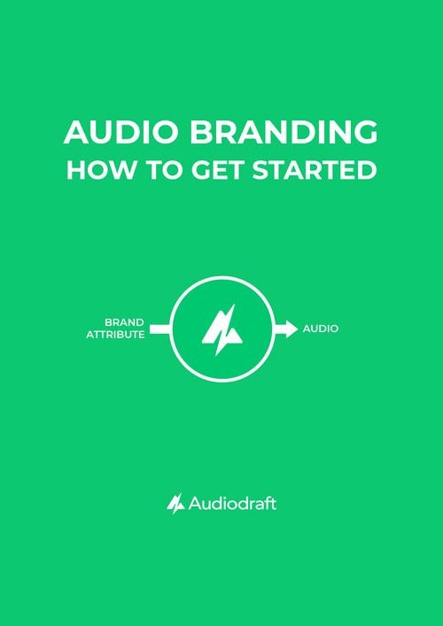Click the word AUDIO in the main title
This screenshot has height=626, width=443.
click(x=120, y=132)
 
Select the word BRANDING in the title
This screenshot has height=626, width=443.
click(x=284, y=132)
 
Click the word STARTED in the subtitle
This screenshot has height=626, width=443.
click(x=315, y=170)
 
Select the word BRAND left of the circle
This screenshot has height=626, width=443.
click(x=124, y=322)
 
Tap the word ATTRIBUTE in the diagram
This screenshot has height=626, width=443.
click(x=115, y=335)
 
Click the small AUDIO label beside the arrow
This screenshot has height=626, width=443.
click(x=321, y=328)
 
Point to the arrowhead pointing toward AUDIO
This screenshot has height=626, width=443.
click(x=291, y=329)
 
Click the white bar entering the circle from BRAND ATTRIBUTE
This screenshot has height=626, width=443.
click(x=160, y=329)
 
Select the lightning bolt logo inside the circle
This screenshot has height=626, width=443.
click(x=222, y=329)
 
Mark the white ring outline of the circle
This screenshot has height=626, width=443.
click(x=222, y=277)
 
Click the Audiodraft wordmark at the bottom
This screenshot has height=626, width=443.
click(x=232, y=504)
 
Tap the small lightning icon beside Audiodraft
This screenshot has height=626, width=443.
click(x=175, y=504)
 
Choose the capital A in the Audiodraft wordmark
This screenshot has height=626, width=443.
click(x=195, y=504)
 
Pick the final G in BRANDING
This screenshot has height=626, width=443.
click(x=365, y=132)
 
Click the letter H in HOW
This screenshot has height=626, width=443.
click(x=75, y=170)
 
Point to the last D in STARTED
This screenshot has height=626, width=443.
click(x=368, y=170)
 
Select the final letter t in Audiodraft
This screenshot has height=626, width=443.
click(x=273, y=504)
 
